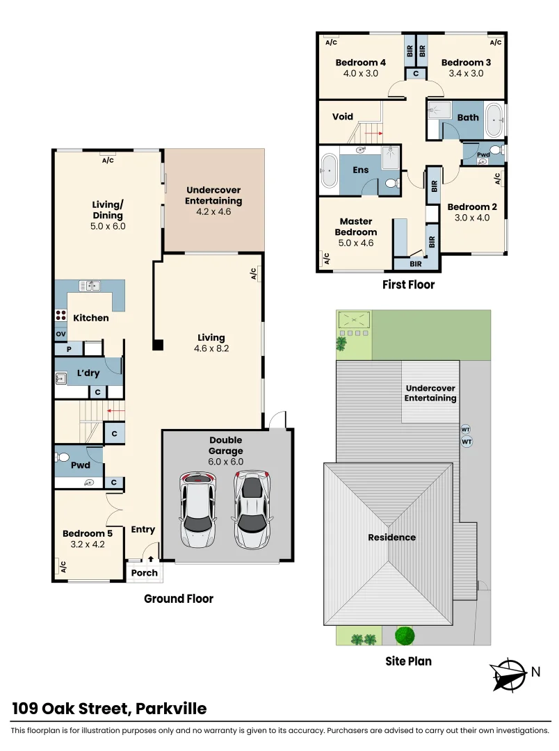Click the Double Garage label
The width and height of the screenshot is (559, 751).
(226, 445)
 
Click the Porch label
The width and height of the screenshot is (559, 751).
(145, 573)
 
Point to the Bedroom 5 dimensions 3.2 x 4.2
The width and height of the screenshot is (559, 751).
(88, 544)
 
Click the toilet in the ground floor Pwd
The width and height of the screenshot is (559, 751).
(64, 458)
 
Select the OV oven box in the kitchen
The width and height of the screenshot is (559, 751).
(60, 334)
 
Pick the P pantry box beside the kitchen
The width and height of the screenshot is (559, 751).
(69, 349)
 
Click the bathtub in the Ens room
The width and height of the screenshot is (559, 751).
(328, 170)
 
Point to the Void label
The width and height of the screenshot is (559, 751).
(343, 117)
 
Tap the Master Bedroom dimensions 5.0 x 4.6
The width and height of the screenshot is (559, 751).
(356, 243)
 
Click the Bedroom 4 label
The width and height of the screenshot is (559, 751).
(360, 63)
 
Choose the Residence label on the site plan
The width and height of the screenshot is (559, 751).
(392, 538)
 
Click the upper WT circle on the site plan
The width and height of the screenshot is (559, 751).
(466, 430)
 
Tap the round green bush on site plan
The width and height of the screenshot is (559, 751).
(405, 635)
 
